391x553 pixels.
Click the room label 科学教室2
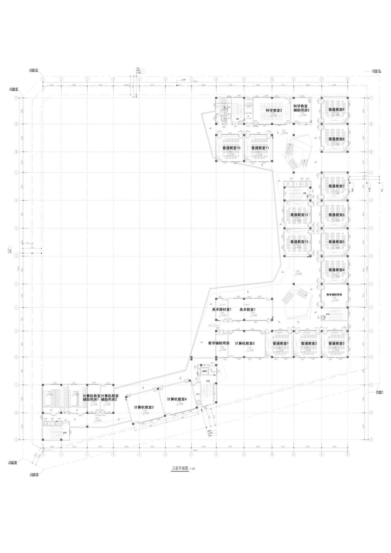(274, 110)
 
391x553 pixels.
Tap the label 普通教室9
(336, 110)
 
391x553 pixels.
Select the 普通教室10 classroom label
(231, 148)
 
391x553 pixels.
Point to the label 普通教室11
(260, 148)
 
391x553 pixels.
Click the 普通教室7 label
(336, 186)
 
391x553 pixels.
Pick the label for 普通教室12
(299, 215)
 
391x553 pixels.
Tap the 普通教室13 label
(299, 242)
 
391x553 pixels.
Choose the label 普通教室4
(336, 270)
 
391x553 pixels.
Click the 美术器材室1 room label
(222, 309)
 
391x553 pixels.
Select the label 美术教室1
(247, 309)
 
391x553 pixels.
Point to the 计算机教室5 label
(245, 343)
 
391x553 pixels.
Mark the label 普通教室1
(280, 343)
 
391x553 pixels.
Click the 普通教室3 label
(336, 343)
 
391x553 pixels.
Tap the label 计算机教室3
(144, 407)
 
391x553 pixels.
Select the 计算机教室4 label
(177, 399)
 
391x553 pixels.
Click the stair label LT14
(65, 432)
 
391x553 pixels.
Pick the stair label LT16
(328, 314)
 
